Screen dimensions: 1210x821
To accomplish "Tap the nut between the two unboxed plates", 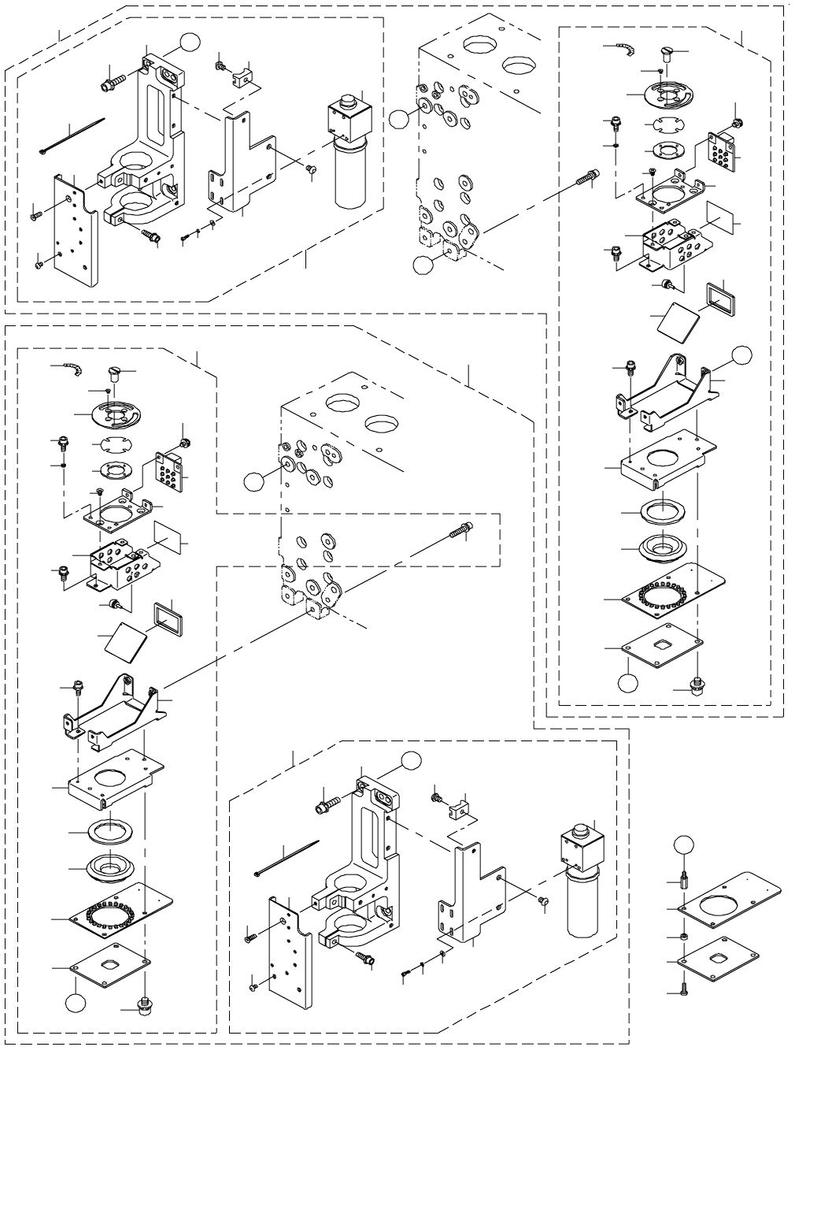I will tap(684, 937).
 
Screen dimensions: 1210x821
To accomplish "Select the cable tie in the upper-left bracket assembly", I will tap(71, 136).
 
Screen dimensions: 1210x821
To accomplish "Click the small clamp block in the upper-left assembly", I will tap(242, 77).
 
